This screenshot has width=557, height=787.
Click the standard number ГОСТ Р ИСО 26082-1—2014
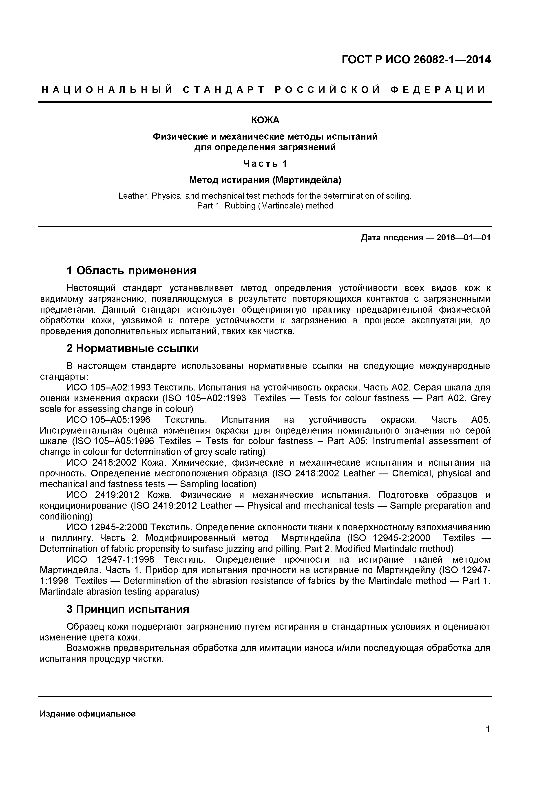[416, 60]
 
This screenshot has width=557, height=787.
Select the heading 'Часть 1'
[265, 164]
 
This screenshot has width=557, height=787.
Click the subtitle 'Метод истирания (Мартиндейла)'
[265, 180]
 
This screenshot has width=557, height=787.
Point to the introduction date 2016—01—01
[463, 238]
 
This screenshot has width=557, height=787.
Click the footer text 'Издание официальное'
[88, 714]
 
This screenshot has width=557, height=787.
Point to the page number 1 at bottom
[488, 739]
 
